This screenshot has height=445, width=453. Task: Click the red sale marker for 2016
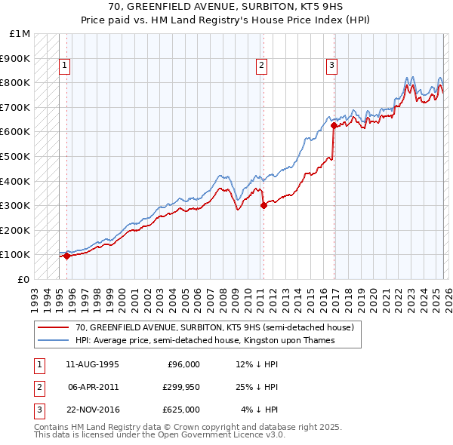[333, 126]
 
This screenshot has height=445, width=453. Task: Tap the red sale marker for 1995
[66, 256]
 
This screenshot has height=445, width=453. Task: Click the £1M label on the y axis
[20, 33]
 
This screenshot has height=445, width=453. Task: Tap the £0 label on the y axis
[24, 279]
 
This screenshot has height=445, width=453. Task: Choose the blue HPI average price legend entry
[204, 341]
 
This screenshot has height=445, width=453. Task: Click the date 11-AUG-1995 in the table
[92, 364]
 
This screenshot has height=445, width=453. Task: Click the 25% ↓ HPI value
[258, 387]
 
